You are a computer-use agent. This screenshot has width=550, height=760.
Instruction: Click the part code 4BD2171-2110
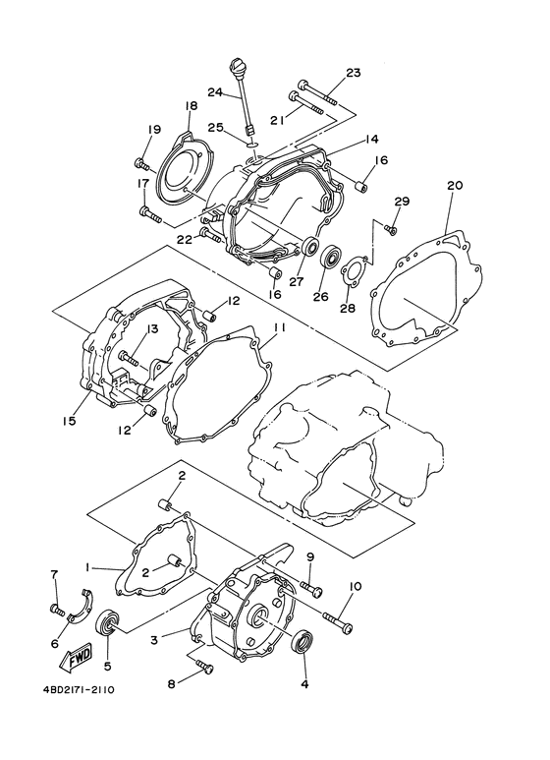[78, 689]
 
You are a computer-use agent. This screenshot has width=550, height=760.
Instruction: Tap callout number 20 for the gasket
[453, 184]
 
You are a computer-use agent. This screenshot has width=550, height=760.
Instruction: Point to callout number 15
[70, 421]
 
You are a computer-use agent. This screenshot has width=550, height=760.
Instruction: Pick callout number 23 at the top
[354, 73]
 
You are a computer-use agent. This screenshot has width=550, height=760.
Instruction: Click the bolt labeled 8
[204, 667]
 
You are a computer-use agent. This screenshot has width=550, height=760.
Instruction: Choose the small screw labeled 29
[390, 230]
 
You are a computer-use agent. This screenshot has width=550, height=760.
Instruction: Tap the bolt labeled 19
[141, 163]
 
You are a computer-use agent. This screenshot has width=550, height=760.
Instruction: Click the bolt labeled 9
[312, 589]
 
